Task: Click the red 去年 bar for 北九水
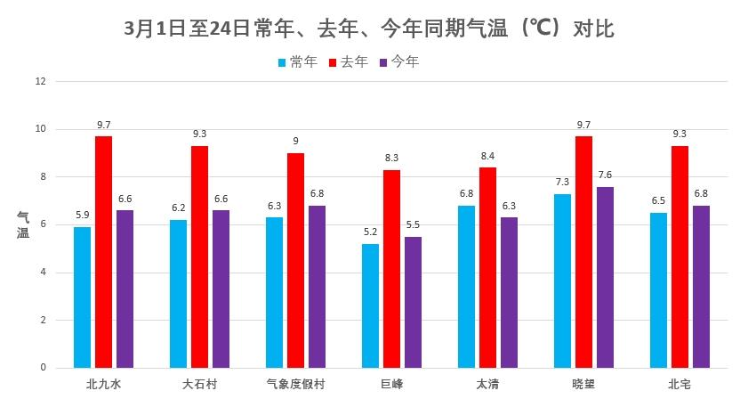tap(103, 251)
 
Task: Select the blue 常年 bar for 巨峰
tap(370, 305)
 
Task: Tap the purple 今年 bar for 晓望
tap(605, 277)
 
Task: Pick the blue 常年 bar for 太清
tap(466, 286)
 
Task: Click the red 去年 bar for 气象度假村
tap(295, 260)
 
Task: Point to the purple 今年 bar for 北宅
tap(701, 286)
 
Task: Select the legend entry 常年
tap(297, 62)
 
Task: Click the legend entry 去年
tap(349, 62)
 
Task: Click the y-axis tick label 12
tap(39, 82)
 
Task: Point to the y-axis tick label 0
tap(42, 368)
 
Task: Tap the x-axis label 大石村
tap(199, 384)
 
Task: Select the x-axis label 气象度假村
tap(295, 384)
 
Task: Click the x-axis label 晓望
tap(583, 384)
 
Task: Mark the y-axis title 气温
tap(23, 224)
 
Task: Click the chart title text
tap(370, 28)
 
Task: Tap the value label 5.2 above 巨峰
tap(370, 232)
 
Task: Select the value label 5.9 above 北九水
tap(82, 215)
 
